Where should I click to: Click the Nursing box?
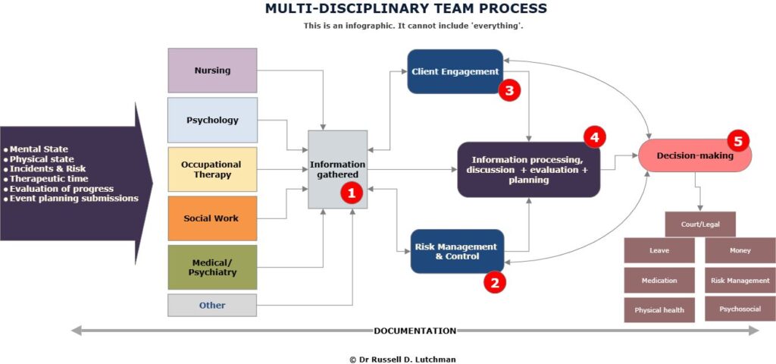coord(212,71)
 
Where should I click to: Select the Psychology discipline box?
coord(212,120)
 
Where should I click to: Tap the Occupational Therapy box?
coord(212,169)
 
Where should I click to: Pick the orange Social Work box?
coord(212,218)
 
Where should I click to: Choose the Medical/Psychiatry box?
coord(212,267)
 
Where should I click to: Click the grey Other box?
coord(212,305)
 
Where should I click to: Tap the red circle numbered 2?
coord(494,283)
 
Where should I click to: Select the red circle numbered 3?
coord(508,91)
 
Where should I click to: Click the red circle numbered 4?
coord(594,137)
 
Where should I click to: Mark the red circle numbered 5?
coord(737,140)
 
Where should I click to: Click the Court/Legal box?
coord(699,224)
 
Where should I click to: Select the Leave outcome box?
coord(659,250)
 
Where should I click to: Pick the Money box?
coord(740,250)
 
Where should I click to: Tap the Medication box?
coord(659,280)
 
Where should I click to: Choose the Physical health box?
coord(659,309)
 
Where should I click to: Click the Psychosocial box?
coord(740,309)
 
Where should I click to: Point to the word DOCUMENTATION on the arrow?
coord(415,331)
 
